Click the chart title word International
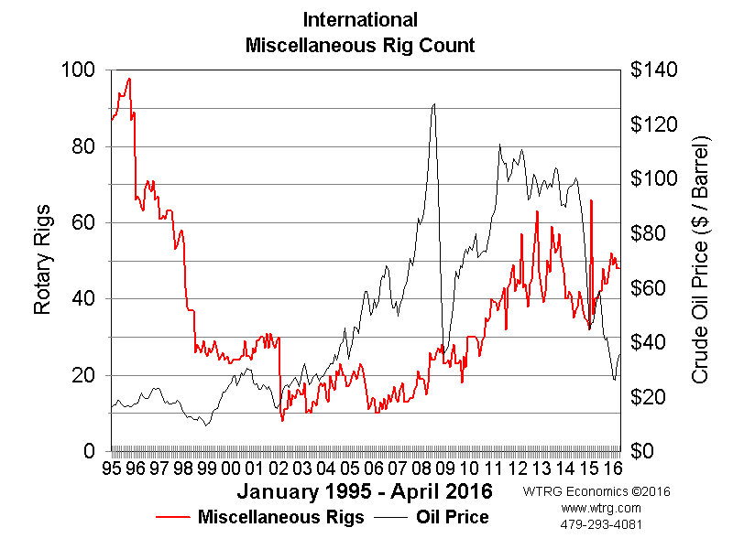(x=360, y=19)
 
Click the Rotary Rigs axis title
(x=42, y=261)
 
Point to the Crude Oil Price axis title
(x=701, y=261)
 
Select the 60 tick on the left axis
(x=83, y=222)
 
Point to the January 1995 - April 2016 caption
(x=365, y=491)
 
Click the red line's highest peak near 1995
(x=129, y=79)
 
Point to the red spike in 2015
(x=592, y=199)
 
